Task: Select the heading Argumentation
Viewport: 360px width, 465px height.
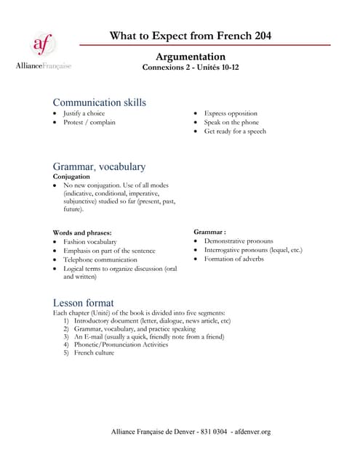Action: click(191, 57)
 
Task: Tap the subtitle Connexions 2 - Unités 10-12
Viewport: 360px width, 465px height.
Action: click(191, 68)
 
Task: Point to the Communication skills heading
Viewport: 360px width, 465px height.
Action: click(100, 102)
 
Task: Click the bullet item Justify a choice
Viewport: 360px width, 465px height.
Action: click(84, 113)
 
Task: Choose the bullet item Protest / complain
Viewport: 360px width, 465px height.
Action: click(89, 122)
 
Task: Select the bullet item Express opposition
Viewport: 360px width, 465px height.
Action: click(231, 113)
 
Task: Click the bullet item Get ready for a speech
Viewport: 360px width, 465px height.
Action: click(235, 132)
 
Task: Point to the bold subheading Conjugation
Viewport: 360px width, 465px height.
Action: click(72, 176)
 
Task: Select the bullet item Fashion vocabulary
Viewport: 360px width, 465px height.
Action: click(89, 241)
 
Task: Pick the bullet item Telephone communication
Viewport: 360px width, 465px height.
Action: click(100, 259)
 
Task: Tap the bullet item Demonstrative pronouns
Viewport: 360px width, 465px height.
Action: click(239, 240)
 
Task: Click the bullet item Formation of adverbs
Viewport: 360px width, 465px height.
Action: click(233, 259)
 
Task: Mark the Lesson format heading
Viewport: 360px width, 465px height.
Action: click(84, 302)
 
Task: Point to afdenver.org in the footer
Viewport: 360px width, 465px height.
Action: click(251, 432)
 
